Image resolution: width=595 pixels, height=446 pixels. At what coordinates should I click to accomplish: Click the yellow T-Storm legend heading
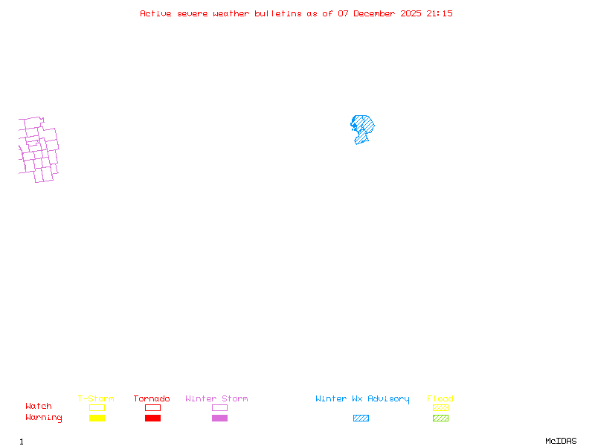[x=96, y=399]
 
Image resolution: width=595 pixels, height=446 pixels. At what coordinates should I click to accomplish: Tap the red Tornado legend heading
[x=152, y=399]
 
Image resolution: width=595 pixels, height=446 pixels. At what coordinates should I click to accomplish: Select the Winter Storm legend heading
[x=216, y=399]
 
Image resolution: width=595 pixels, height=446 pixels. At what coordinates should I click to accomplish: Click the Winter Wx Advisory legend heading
[x=362, y=399]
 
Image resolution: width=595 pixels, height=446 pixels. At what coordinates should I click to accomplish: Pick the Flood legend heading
[x=440, y=399]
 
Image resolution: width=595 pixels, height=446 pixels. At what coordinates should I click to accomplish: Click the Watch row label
[x=39, y=407]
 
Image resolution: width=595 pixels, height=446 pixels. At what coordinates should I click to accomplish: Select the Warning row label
[x=44, y=418]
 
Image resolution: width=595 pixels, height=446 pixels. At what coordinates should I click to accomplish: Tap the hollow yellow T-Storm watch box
[x=97, y=407]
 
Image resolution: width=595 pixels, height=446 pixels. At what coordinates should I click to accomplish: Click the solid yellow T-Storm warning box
[x=97, y=418]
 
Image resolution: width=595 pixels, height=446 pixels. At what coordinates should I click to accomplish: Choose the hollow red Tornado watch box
[x=152, y=407]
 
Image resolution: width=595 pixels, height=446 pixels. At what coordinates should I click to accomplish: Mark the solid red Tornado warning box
[x=152, y=418]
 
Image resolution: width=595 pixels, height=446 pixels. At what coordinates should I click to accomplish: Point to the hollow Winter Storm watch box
[x=219, y=407]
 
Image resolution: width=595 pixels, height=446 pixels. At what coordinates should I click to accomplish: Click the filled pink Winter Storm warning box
[x=219, y=418]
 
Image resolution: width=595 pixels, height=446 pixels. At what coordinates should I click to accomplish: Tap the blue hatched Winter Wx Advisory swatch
[x=361, y=418]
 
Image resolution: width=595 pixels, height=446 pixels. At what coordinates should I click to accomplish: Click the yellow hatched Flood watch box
[x=440, y=407]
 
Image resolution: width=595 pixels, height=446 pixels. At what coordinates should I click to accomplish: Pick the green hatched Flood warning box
[x=440, y=418]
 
